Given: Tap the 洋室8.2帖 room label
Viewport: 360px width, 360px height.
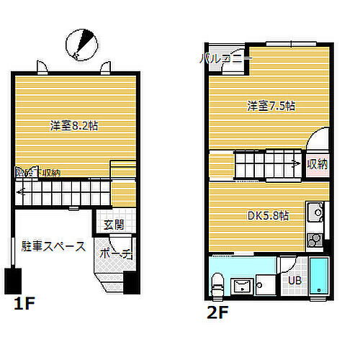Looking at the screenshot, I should point(74,125).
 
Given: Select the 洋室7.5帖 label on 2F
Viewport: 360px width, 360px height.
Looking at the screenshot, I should point(271,107).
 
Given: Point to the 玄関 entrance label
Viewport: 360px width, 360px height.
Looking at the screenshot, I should point(113,225).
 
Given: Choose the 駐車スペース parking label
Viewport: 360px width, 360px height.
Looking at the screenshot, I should point(54,246).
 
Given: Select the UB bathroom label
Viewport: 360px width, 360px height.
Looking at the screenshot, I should point(295,281).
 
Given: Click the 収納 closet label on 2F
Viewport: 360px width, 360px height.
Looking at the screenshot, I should point(317,163).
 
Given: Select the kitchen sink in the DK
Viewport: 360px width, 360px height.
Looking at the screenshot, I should point(315,213).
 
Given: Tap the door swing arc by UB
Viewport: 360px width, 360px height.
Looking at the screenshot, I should point(287,265).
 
